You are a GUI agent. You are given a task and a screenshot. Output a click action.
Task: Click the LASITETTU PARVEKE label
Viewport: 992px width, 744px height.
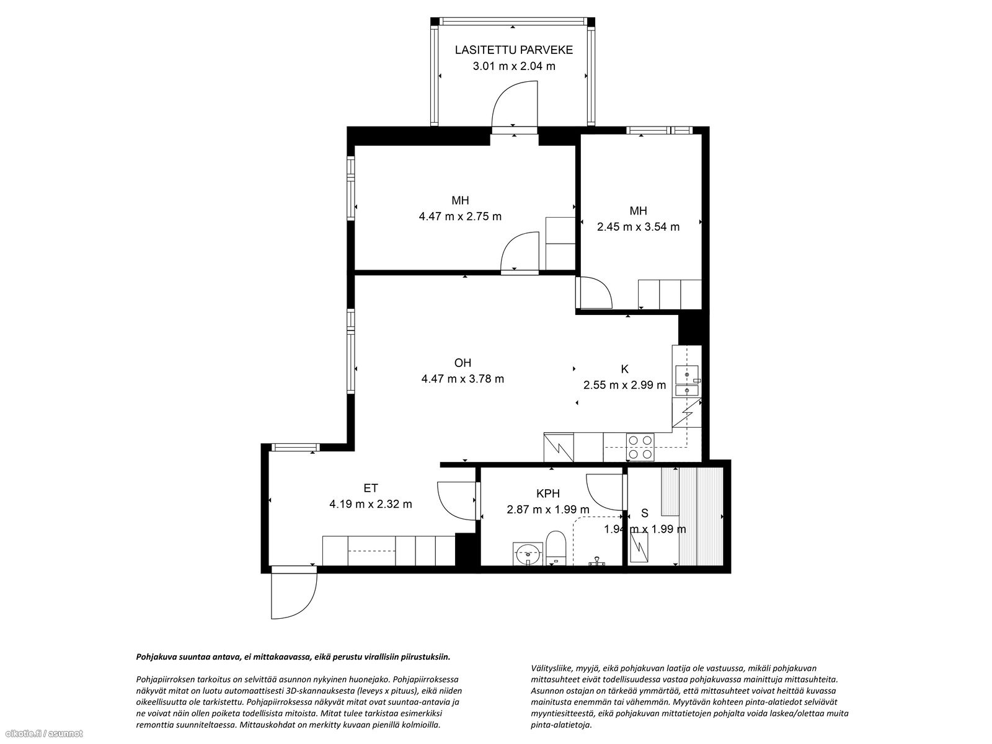coord(514,50)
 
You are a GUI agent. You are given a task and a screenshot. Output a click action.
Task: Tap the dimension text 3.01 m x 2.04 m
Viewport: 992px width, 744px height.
coord(514,66)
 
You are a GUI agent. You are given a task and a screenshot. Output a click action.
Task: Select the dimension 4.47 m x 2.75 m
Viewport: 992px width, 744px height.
coord(460,216)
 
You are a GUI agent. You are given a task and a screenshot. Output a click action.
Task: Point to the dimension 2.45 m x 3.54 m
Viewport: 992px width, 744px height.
coord(638,227)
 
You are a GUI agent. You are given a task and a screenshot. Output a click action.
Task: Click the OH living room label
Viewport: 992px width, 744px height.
coord(463,363)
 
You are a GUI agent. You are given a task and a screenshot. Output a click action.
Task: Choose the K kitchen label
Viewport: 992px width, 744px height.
coord(624,369)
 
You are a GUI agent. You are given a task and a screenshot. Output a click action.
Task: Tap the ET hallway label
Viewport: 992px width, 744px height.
coord(371,489)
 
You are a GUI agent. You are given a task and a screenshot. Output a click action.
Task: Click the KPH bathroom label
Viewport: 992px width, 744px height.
coord(548,494)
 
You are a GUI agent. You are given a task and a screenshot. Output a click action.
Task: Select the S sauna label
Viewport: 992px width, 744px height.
coord(645,513)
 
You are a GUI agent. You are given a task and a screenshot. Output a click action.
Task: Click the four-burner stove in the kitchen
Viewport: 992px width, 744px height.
coord(640,447)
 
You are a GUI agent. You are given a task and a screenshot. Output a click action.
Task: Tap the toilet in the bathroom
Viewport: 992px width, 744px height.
coord(556,548)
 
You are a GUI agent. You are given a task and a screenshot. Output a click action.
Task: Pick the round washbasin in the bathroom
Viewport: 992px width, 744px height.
coord(528,554)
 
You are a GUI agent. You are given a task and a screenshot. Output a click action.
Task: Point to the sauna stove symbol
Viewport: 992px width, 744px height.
coord(639,547)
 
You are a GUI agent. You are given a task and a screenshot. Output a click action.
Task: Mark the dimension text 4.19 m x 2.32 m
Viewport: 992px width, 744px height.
coord(371,504)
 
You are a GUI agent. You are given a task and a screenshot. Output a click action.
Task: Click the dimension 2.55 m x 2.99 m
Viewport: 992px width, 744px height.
coord(624,385)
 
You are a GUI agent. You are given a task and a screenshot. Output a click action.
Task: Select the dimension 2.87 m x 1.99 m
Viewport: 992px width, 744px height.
coord(548,510)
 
